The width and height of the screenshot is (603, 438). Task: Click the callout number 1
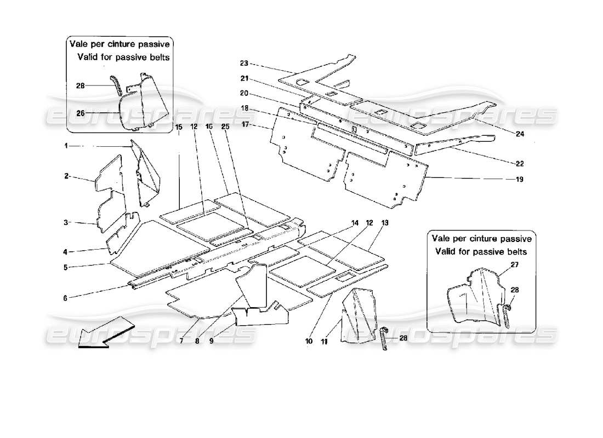point(65,146)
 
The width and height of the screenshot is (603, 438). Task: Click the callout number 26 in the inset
point(81,114)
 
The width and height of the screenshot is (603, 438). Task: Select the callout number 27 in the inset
point(514,264)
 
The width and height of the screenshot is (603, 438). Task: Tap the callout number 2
point(65,177)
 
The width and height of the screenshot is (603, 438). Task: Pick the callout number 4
point(65,252)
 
